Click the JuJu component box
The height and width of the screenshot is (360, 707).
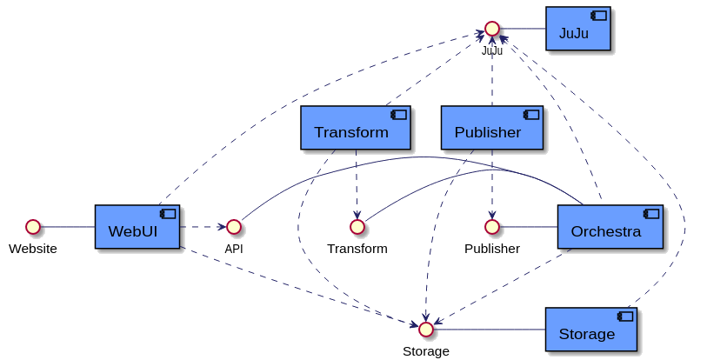pos(577,29)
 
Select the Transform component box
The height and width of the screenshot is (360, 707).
pos(355,127)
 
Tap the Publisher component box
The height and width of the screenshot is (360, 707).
pos(491,127)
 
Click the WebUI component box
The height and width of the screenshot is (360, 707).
pos(137,226)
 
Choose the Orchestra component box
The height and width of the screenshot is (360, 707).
pos(609,226)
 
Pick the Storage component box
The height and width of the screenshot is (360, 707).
pos(591,329)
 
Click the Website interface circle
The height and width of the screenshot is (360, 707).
pos(33,227)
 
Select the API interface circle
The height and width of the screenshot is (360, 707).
pos(233,227)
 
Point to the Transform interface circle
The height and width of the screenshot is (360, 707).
pos(356,227)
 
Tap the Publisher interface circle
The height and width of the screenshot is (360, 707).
pos(491,227)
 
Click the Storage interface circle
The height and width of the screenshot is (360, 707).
pos(425,330)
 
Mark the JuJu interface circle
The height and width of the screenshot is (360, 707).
pos(492,29)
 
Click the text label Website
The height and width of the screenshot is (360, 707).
pos(33,249)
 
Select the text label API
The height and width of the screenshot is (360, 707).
pos(233,249)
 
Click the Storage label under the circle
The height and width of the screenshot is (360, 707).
pos(425,351)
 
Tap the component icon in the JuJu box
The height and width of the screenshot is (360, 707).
pos(598,16)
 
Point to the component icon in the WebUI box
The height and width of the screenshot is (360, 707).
pos(167,214)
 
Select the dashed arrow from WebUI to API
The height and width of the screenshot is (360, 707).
pos(202,227)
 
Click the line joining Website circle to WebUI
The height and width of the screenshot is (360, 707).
pos(67,227)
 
